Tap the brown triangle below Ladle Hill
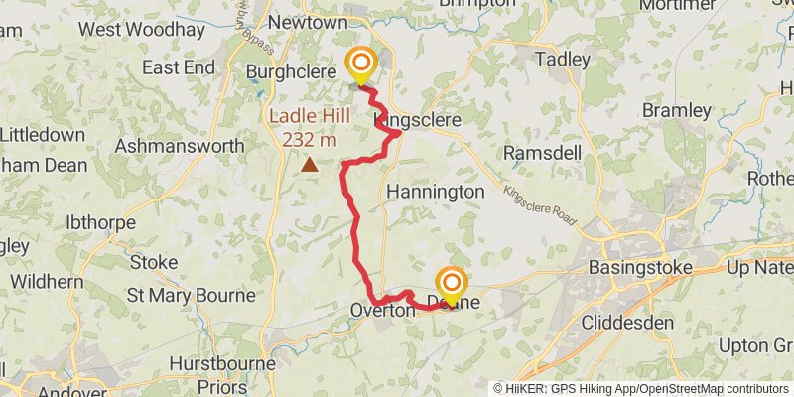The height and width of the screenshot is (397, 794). (x=311, y=165)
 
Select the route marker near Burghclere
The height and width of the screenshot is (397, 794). (x=360, y=66)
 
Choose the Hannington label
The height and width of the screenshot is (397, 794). (x=436, y=191)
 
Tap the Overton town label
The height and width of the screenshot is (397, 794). (x=382, y=311)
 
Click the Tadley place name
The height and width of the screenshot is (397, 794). (x=563, y=60)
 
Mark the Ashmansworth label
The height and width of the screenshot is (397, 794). (x=180, y=146)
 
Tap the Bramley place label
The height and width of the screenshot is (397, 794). (x=676, y=109)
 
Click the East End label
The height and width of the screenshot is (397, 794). (x=179, y=67)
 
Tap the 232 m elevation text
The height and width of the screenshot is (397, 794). (x=310, y=139)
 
